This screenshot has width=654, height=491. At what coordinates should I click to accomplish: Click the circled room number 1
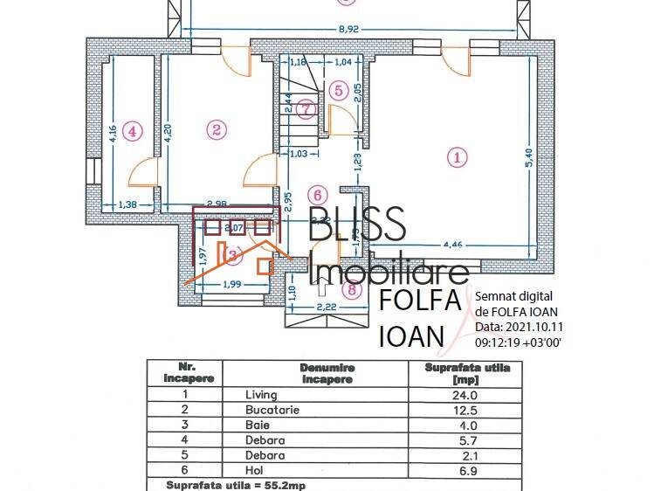pyautogui.click(x=457, y=158)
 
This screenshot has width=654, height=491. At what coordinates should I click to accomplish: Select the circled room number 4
pyautogui.click(x=131, y=132)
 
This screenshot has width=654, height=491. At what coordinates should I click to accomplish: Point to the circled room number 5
pyautogui.click(x=340, y=90)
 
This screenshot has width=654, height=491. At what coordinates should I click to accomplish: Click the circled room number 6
pyautogui.click(x=317, y=194)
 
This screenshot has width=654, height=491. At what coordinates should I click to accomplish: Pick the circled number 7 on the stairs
pyautogui.click(x=304, y=109)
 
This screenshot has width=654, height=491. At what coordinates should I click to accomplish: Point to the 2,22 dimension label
pyautogui.click(x=327, y=307)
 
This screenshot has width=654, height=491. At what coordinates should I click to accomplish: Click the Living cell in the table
pyautogui.click(x=261, y=395)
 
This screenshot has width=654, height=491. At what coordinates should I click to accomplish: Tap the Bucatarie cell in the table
pyautogui.click(x=273, y=410)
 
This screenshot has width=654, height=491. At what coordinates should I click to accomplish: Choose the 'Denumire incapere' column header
pyautogui.click(x=326, y=374)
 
